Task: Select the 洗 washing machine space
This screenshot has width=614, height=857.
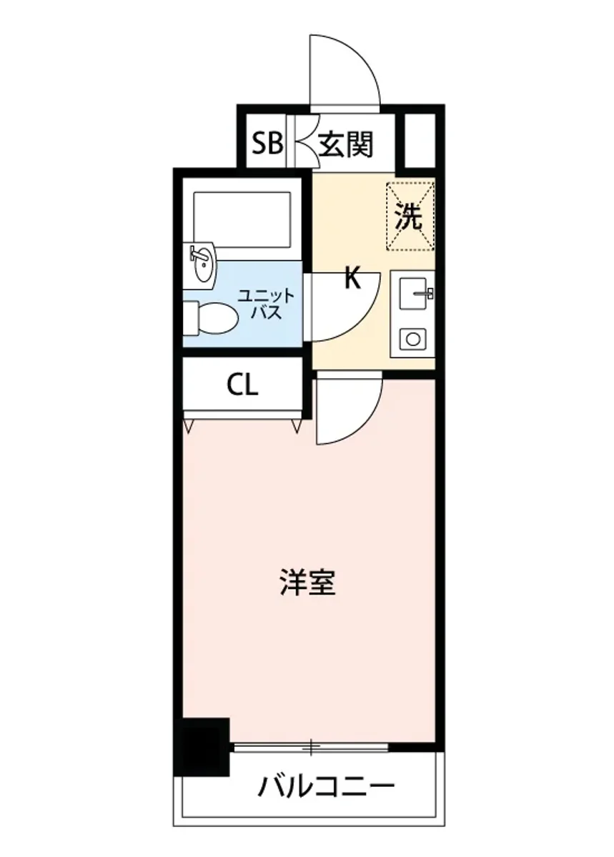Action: click(x=410, y=217)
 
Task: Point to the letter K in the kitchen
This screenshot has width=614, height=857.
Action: click(x=352, y=279)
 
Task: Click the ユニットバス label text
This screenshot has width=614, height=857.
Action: click(x=264, y=304)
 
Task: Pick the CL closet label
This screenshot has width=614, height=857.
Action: click(x=242, y=386)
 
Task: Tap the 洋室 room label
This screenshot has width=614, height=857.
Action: click(x=307, y=583)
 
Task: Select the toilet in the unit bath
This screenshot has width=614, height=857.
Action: click(x=211, y=317)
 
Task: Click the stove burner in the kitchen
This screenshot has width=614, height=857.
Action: click(x=412, y=337)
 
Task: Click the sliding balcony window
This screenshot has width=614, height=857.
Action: click(x=312, y=748)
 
